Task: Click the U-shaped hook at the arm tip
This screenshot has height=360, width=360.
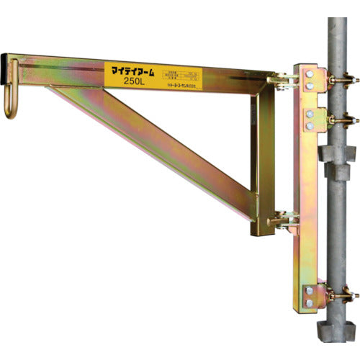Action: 12,102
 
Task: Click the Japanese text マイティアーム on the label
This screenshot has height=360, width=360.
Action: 134,71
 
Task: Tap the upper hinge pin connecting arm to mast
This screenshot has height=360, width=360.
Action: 282,81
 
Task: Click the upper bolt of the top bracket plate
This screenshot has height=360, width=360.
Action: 309,74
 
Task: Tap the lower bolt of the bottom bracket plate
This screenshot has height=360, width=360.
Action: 309,302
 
